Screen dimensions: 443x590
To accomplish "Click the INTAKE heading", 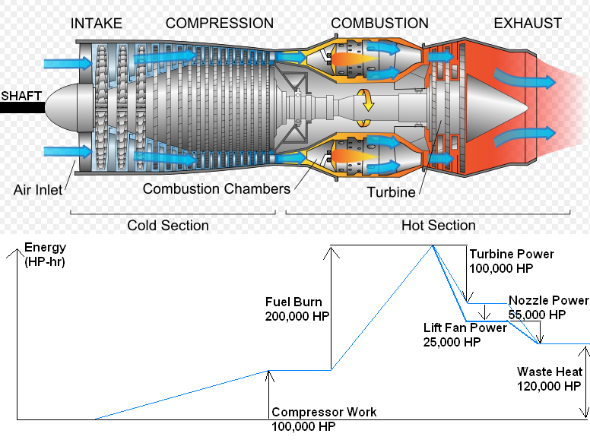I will (x=97, y=24).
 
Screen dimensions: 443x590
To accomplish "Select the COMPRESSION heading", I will (x=220, y=24).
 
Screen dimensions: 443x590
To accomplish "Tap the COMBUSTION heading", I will (x=379, y=24).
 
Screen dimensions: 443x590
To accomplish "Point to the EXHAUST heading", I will (x=528, y=24).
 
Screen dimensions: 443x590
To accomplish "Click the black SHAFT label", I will (x=21, y=97).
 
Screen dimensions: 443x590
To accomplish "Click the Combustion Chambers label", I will (x=217, y=188).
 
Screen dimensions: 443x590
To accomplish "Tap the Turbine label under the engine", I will (x=391, y=192).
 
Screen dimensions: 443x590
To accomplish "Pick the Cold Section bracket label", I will (x=168, y=226).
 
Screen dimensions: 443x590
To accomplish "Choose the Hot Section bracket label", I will (x=438, y=226).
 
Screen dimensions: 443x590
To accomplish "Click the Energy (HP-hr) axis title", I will (x=46, y=255).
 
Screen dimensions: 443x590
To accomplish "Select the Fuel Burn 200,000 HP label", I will (x=294, y=309).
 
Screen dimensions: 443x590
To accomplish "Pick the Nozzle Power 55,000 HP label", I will (x=548, y=307).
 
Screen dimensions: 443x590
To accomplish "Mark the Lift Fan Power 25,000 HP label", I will (x=465, y=335).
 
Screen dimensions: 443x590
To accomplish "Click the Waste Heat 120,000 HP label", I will (x=549, y=378).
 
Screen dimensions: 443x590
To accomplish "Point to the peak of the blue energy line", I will (x=432, y=245).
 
